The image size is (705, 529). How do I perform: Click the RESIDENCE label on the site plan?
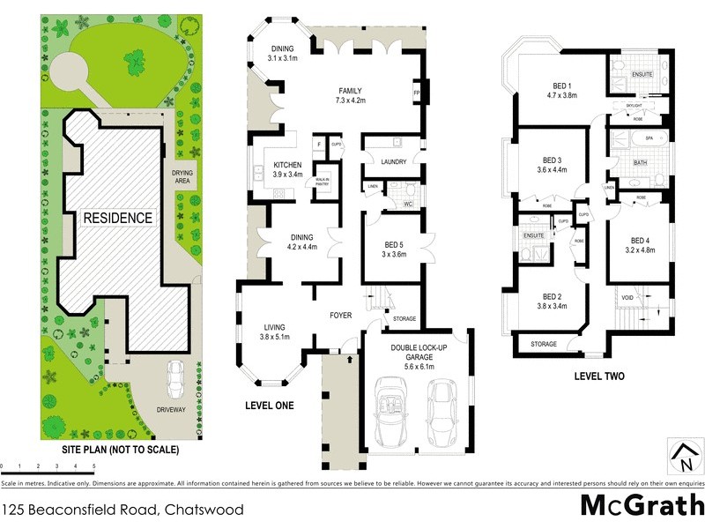[x=118, y=218]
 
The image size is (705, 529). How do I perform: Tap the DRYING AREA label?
[x=183, y=176]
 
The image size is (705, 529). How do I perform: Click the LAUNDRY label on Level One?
[x=392, y=161]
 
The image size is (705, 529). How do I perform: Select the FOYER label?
[x=341, y=315]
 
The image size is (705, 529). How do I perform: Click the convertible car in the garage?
[x=390, y=407]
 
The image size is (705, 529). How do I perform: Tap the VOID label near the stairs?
[x=627, y=298]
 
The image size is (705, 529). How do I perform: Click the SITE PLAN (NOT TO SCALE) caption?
[x=120, y=450]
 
